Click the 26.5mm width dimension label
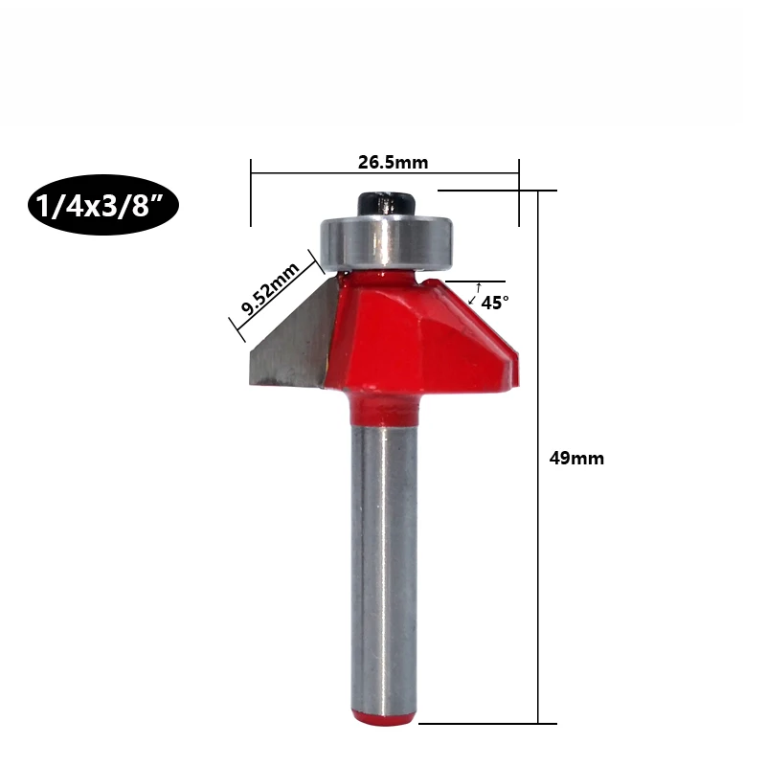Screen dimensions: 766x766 [x=393, y=162]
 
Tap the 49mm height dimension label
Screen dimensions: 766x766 [x=576, y=459]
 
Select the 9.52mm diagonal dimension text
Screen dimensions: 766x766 [x=270, y=289]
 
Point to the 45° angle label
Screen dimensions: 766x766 [x=495, y=303]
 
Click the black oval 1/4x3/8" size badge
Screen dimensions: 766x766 [x=103, y=205]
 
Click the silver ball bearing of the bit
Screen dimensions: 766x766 [x=386, y=243]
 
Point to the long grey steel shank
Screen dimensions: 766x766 [x=385, y=567]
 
